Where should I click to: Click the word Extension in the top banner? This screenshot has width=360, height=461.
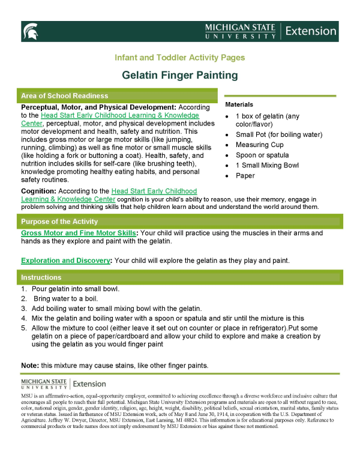[x=311, y=31]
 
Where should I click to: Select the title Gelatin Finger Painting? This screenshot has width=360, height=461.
[x=180, y=75]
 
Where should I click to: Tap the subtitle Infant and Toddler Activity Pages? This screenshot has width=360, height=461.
[x=180, y=58]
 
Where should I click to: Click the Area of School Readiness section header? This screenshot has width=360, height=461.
[x=64, y=96]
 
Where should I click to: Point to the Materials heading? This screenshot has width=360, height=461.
[x=239, y=104]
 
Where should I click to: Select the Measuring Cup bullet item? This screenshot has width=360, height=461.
[x=260, y=145]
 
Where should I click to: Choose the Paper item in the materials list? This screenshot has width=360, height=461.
[x=245, y=176]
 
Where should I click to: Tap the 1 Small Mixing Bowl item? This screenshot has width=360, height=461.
[x=266, y=165]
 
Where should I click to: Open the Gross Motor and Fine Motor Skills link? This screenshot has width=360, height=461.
[x=79, y=232]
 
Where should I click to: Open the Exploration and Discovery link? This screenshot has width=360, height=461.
[x=66, y=261]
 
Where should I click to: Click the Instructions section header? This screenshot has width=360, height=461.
[x=41, y=277]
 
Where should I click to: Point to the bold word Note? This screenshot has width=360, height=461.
[x=30, y=365]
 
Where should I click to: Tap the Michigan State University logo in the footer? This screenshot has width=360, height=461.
[x=44, y=384]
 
